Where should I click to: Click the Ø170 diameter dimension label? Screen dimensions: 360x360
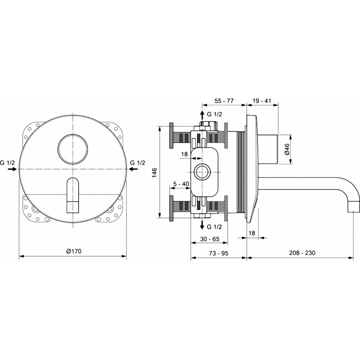tap(74, 251)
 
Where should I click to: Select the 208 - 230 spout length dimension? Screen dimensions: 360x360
tap(302, 253)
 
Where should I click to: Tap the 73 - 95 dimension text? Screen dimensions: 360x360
tap(219, 253)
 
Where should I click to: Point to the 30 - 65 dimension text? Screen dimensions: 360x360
tap(210, 239)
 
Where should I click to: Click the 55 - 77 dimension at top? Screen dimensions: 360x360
tap(224, 101)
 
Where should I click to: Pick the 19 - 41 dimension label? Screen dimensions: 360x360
tap(261, 100)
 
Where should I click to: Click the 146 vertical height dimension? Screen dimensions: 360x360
tap(154, 172)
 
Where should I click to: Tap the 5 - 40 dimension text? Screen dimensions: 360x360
tap(181, 184)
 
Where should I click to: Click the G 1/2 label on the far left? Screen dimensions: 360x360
tap(7, 163)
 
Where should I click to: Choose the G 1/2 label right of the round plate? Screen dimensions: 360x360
tap(138, 163)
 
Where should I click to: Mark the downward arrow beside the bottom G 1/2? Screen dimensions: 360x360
tap(202, 225)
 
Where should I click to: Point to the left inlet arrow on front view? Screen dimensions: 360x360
tap(13, 169)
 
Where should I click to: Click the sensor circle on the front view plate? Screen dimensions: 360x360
tap(72, 149)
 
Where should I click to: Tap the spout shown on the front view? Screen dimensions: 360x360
tap(73, 195)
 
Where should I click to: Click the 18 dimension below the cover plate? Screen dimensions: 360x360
tap(252, 233)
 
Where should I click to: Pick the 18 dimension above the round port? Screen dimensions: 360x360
tap(184, 154)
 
